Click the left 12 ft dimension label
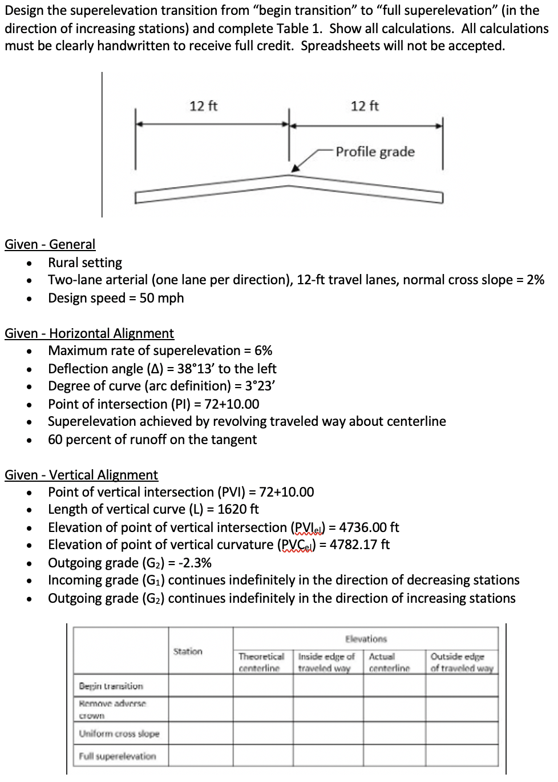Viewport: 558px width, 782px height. click(203, 106)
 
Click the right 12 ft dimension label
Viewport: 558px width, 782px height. click(365, 106)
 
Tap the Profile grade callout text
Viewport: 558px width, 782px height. click(375, 152)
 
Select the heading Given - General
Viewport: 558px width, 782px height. click(50, 244)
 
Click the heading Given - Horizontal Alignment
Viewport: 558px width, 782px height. click(89, 333)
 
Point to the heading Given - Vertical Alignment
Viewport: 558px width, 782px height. click(81, 475)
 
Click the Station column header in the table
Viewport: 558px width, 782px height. click(188, 651)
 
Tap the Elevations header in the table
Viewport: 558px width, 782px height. click(366, 639)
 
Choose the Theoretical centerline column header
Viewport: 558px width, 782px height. click(261, 662)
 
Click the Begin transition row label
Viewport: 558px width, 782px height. click(111, 686)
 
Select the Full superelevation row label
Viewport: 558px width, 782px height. click(118, 756)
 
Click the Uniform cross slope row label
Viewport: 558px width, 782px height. click(119, 733)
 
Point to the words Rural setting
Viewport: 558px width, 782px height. click(85, 263)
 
